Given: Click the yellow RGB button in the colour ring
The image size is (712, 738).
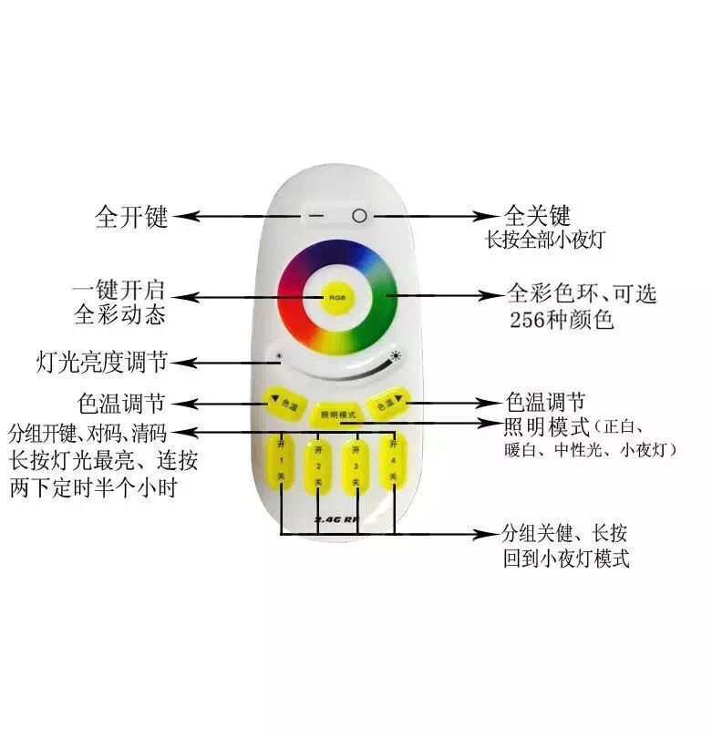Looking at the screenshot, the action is (336, 297).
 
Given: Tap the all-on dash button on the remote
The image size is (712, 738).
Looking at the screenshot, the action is (315, 217).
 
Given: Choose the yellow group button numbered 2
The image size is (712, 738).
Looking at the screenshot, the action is (318, 475).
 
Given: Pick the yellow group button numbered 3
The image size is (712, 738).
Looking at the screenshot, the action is (356, 473).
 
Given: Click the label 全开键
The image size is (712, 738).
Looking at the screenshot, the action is (131, 218).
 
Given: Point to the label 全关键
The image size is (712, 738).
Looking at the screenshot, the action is (537, 216).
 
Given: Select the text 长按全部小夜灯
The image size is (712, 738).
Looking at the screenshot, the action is (545, 240).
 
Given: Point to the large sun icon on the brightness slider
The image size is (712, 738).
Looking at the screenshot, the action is (397, 356).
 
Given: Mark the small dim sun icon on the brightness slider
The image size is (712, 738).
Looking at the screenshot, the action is (280, 356).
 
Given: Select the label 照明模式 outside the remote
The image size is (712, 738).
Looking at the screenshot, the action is (546, 425).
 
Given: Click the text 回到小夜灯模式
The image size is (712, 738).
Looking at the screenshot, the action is (565, 558).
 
